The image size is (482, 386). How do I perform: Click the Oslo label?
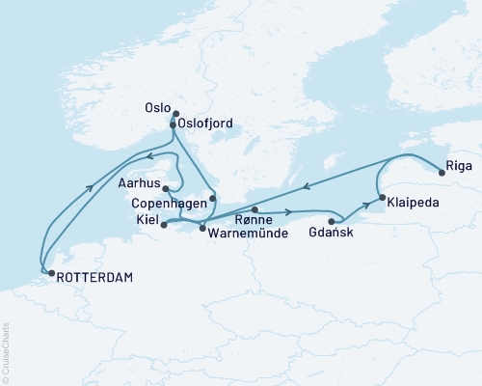pyautogui.click(x=156, y=109)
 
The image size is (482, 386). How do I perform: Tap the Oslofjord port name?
pyautogui.click(x=206, y=124)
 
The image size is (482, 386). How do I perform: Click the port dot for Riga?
pyautogui.click(x=442, y=173)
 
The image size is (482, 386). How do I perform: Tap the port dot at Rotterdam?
pyautogui.click(x=51, y=273)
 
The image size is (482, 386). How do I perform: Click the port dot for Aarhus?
pyautogui.click(x=168, y=188)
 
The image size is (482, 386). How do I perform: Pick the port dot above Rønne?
pyautogui.click(x=253, y=209)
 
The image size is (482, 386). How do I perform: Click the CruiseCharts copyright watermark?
pyautogui.click(x=5, y=353)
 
